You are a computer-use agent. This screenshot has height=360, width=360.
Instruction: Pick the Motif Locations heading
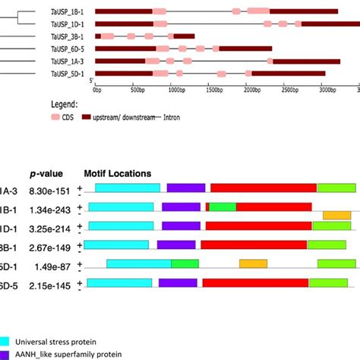117,174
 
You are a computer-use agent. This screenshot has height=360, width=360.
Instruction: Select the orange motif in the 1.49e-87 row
253,264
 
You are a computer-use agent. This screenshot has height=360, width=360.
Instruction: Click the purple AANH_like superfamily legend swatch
5,355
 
